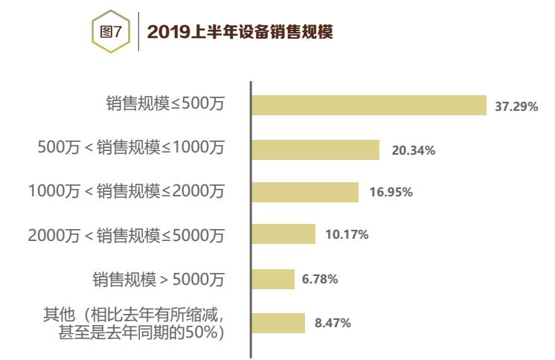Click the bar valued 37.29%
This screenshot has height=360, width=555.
click(368, 106)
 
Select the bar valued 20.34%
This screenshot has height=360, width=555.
click(315, 150)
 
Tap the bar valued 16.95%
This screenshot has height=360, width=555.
click(305, 192)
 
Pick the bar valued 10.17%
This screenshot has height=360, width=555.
click(283, 235)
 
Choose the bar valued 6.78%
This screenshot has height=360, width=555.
click(273, 279)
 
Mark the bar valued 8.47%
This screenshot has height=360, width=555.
click(278, 323)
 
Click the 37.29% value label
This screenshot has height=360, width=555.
click(516, 106)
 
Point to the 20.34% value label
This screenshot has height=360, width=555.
click(413, 150)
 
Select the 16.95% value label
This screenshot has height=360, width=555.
click(391, 193)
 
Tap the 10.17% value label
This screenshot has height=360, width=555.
click(347, 235)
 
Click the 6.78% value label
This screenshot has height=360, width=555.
click(320, 279)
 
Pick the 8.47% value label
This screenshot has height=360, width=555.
click(333, 323)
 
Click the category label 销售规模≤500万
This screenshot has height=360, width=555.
click(164, 105)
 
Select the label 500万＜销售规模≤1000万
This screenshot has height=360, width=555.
click(130, 148)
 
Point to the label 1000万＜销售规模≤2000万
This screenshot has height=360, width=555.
click(126, 191)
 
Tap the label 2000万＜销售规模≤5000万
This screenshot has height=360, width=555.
click(126, 235)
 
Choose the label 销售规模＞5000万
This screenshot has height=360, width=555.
click(158, 279)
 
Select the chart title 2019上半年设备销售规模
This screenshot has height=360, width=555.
click(240, 32)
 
